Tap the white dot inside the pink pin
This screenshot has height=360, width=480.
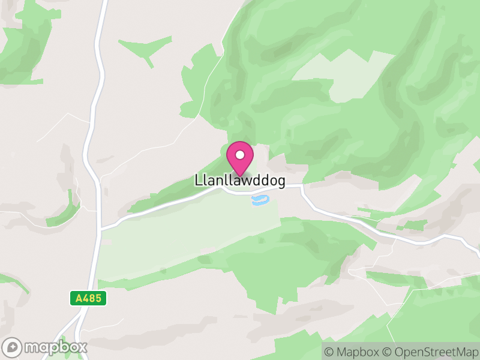[x=240, y=155]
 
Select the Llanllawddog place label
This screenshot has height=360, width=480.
[x=240, y=180]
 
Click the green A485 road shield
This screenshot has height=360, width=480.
[x=88, y=298]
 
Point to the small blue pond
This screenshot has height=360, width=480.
[x=260, y=200]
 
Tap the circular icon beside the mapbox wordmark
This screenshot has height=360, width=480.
[x=12, y=347]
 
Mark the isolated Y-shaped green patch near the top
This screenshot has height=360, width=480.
[x=144, y=48]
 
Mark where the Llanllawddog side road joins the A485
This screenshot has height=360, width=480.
[x=101, y=229]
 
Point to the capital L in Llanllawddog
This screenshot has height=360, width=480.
[x=198, y=180]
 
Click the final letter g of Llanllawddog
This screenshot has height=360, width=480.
[x=281, y=181]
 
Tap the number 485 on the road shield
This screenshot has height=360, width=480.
[x=92, y=298]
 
